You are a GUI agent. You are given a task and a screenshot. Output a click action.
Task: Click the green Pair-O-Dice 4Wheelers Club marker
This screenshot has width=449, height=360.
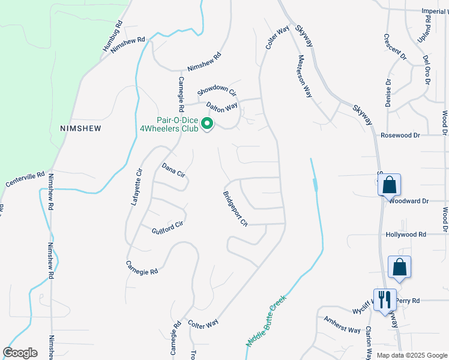coord(207,124)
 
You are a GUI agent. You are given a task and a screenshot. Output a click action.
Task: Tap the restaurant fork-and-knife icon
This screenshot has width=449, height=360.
coord(385,298)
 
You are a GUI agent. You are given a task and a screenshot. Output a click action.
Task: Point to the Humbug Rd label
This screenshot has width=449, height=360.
coord(113,37)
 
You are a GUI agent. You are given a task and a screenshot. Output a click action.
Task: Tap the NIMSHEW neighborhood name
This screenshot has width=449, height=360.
coord(80,128)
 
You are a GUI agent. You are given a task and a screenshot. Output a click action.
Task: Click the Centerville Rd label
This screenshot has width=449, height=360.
coord(25,179)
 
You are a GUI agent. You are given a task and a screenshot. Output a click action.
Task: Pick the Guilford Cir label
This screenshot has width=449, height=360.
coord(167,227)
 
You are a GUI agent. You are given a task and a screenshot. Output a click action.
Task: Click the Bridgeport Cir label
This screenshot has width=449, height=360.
coord(235,209)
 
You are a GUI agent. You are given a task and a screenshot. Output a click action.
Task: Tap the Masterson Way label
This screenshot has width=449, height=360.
coord(306,76)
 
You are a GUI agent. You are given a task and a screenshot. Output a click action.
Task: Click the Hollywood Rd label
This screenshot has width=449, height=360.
coord(406,235)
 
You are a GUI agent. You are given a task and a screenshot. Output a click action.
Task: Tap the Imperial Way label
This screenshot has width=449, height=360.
coord(435,11)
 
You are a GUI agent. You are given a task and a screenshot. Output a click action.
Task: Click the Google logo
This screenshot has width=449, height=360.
coord(20,353)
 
